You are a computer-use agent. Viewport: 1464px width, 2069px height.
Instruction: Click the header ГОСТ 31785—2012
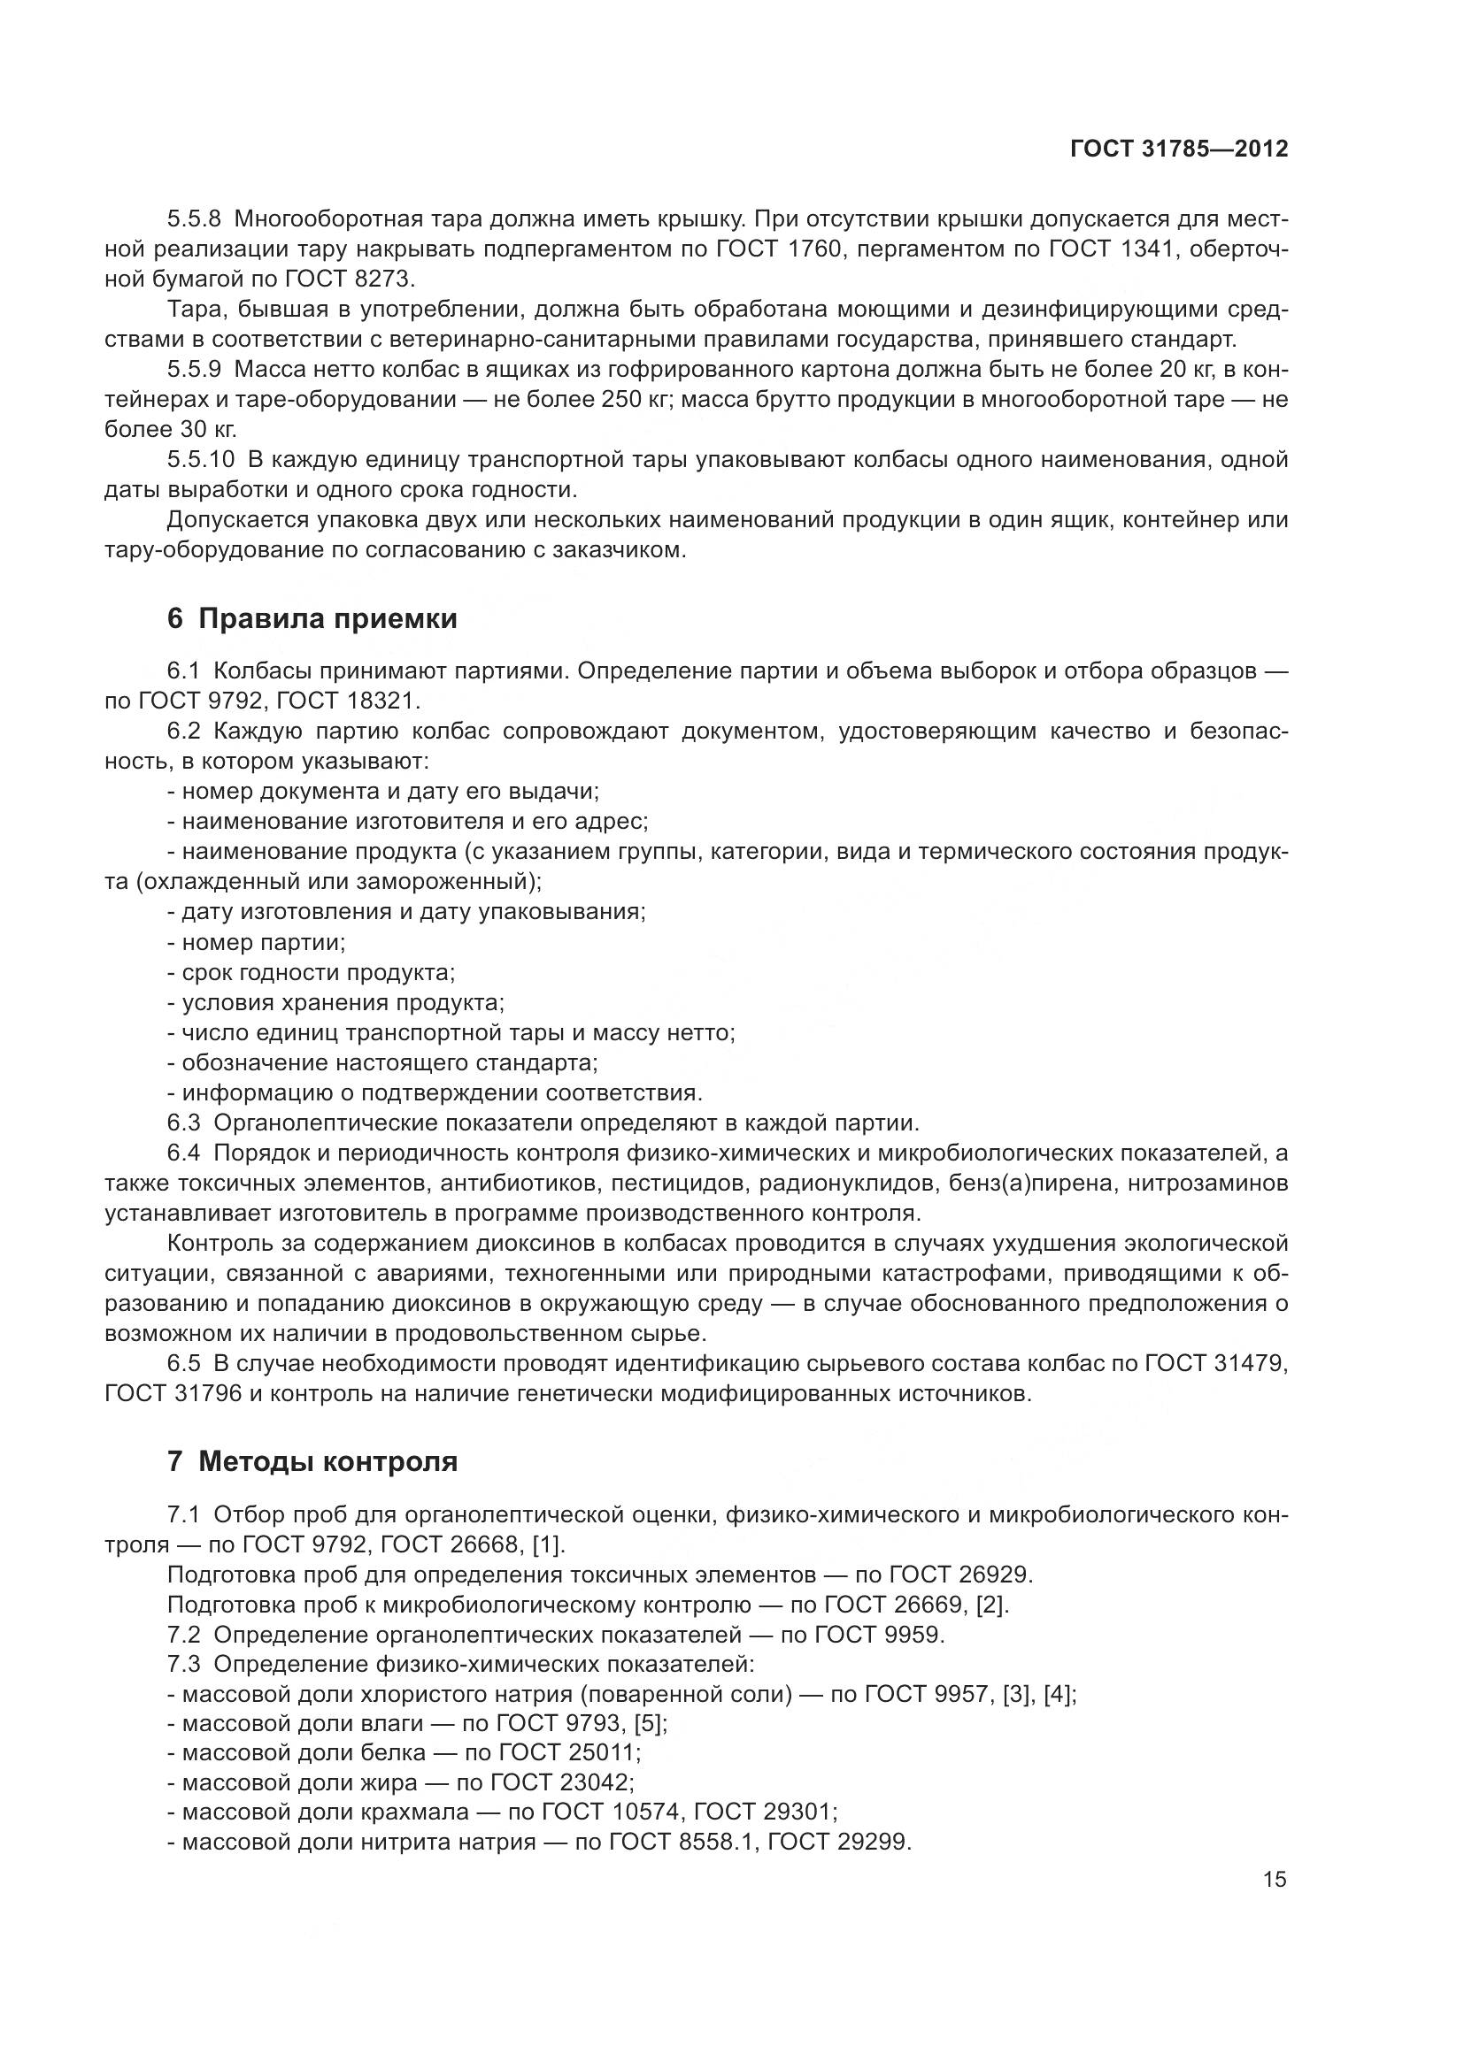pyautogui.click(x=1178, y=149)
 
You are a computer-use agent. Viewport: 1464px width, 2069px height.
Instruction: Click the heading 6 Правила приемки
pyautogui.click(x=312, y=619)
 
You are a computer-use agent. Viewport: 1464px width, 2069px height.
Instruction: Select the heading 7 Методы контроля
pyautogui.click(x=312, y=1461)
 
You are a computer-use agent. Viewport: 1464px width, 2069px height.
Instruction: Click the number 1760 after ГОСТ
pyautogui.click(x=814, y=249)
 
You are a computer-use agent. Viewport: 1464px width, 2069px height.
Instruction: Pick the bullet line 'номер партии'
pyautogui.click(x=257, y=943)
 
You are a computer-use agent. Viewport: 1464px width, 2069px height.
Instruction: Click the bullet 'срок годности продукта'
pyautogui.click(x=311, y=972)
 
